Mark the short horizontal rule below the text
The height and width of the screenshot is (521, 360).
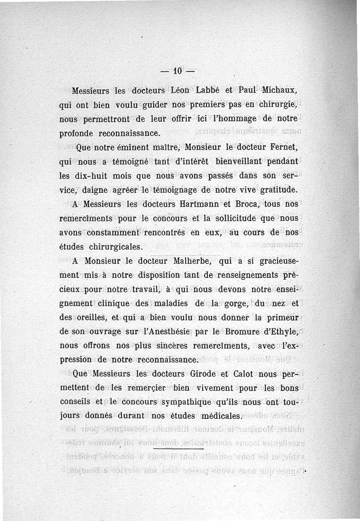[179, 449]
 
